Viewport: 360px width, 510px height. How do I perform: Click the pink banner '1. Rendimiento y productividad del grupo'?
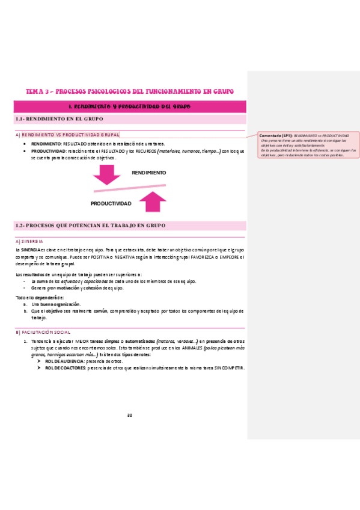click(x=130, y=107)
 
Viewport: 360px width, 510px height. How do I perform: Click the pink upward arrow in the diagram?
click(x=155, y=201)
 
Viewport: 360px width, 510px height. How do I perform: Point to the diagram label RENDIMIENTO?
click(x=148, y=173)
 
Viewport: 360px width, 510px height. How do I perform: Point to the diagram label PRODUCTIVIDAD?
click(x=111, y=204)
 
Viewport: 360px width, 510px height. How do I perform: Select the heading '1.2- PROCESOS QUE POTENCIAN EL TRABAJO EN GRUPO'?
click(x=90, y=226)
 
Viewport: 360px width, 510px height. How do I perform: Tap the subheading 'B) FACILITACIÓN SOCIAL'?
click(x=44, y=332)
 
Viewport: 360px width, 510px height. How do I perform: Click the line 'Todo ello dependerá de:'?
click(x=39, y=298)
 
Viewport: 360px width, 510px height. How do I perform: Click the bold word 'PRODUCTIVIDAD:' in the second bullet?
click(x=49, y=151)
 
